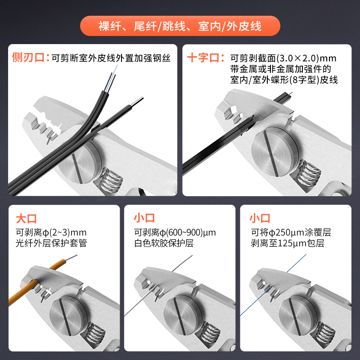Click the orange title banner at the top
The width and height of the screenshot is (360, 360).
point(180,26)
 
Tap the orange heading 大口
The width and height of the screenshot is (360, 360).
point(27,219)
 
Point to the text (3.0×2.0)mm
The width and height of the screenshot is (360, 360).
point(306,58)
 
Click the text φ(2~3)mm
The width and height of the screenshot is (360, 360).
point(64,233)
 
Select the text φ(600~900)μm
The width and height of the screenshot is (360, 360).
point(188,233)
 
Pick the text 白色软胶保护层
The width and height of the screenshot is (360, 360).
point(164,243)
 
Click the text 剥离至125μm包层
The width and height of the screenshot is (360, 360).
point(287,243)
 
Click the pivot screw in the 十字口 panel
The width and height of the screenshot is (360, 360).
point(275,152)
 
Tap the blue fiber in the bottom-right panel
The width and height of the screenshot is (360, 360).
point(273,285)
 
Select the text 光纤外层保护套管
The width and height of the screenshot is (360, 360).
point(51,243)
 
